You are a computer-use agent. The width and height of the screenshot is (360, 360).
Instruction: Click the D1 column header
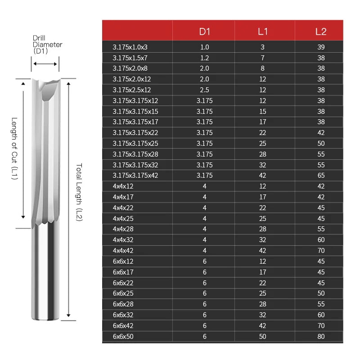[204, 31]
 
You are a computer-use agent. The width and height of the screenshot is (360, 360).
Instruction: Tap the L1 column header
[263, 31]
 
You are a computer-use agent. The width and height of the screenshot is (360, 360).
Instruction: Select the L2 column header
[321, 31]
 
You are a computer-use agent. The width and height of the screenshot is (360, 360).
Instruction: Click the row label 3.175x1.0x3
[130, 47]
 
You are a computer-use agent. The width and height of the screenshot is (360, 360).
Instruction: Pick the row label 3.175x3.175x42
[135, 175]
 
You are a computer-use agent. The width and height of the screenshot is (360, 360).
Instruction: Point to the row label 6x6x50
[123, 336]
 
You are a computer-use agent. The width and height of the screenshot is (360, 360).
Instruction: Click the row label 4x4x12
[123, 186]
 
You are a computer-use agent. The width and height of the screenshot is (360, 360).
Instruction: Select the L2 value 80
[321, 336]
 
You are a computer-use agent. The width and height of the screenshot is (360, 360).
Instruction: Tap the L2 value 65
[321, 175]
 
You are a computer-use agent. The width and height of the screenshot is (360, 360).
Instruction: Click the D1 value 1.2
[204, 58]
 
